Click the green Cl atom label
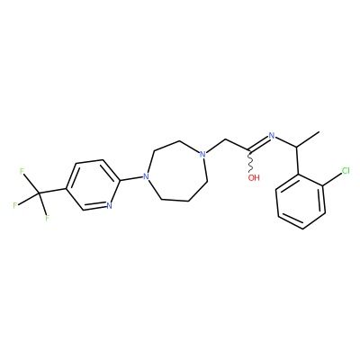point(346,171)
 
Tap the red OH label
point(254,177)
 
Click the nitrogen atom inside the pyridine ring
point(109,206)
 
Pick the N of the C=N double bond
point(272,136)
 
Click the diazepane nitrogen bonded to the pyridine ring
point(146,176)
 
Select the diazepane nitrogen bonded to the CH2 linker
point(202,155)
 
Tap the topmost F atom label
point(22,171)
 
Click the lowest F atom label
point(47,218)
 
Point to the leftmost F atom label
point(14,206)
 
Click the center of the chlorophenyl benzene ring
point(301,201)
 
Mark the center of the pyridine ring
point(93,184)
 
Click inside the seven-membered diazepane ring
point(177,171)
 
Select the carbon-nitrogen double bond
point(258,143)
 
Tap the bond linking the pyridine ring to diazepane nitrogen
point(131,178)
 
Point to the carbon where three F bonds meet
point(39,193)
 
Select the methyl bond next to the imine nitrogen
point(308,139)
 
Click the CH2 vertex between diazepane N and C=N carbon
point(225,140)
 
